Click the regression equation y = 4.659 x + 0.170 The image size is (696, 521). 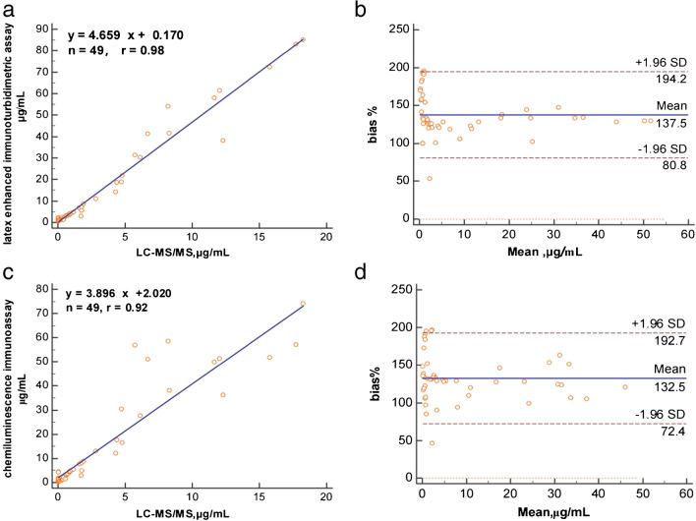click(125, 35)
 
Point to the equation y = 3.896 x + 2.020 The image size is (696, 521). click(123, 293)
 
